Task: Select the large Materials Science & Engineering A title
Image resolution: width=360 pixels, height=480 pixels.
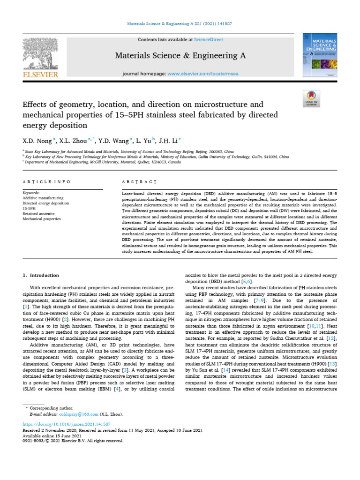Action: click(x=180, y=56)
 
